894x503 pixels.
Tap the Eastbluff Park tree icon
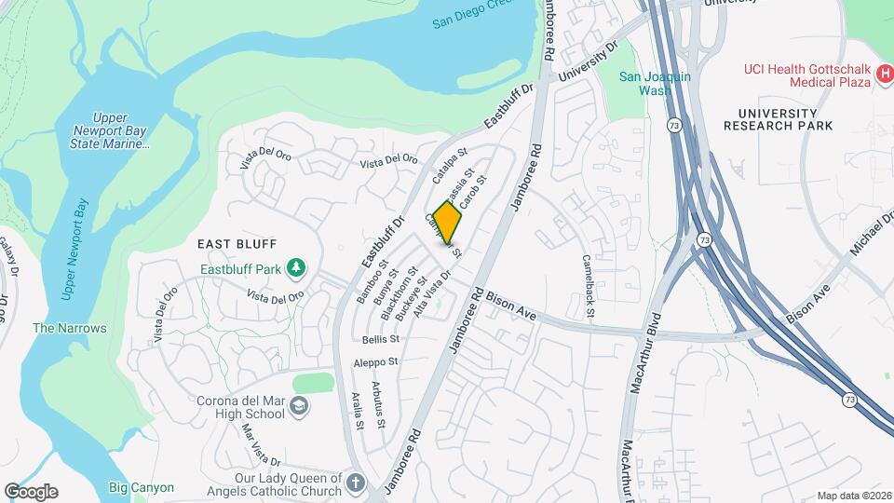297,269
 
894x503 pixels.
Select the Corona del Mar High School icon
298,405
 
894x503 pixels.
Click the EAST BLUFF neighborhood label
237,243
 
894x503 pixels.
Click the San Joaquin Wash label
656,84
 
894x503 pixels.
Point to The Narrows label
70,328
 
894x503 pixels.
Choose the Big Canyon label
141,487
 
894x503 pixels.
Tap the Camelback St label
589,285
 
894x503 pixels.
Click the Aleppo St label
375,361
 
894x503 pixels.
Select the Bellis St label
381,340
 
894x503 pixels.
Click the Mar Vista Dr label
262,445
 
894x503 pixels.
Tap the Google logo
31,492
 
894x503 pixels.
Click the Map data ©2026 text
853,496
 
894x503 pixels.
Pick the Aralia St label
357,409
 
